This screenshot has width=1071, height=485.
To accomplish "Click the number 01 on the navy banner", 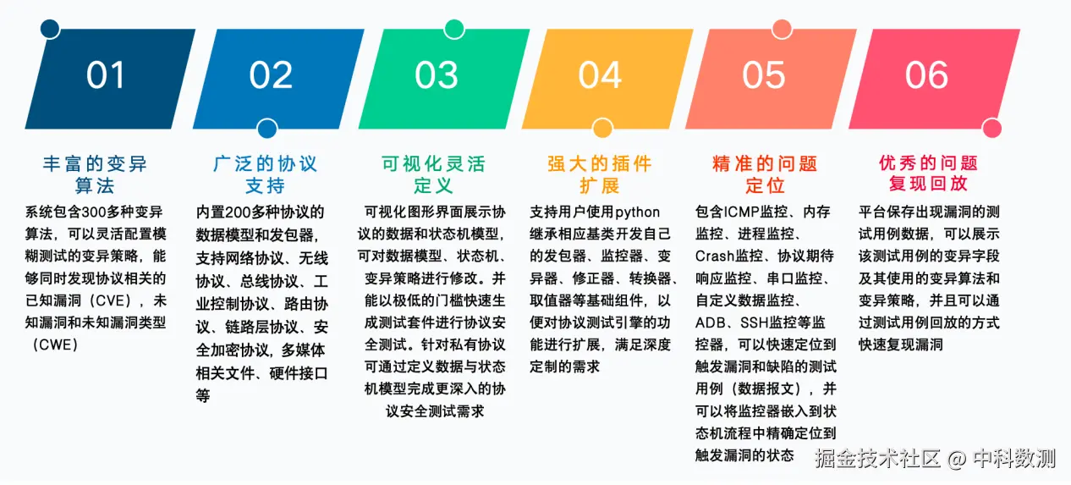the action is [x=105, y=75].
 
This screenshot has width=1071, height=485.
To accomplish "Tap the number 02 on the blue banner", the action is [x=271, y=75].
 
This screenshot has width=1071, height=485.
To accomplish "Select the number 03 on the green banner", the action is [x=436, y=75].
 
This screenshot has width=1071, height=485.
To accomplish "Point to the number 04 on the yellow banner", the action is [x=600, y=75].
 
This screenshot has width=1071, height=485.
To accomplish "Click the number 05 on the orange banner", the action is [x=764, y=75].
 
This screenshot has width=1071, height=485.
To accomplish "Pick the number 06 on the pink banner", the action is [x=926, y=75].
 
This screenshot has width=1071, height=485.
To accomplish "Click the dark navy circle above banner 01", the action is [x=50, y=29].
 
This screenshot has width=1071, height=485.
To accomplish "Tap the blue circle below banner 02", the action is [x=267, y=128].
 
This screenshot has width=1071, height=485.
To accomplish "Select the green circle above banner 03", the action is [x=454, y=29].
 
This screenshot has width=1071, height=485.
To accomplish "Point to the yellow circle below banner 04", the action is [x=602, y=128].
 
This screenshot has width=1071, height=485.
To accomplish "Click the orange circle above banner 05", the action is [x=783, y=29].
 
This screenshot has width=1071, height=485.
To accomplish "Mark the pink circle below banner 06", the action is [x=992, y=128].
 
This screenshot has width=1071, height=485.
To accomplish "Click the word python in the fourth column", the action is [x=637, y=212].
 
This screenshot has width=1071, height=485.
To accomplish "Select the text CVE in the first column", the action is [x=113, y=300].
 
